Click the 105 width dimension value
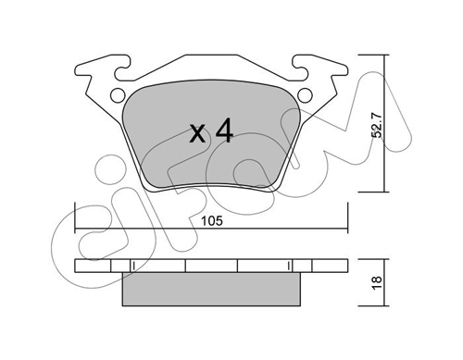click(x=212, y=221)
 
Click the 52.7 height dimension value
click(x=377, y=125)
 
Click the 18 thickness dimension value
click(x=377, y=282)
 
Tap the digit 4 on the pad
click(x=224, y=131)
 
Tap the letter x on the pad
click(x=197, y=133)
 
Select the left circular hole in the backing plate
click(x=118, y=95)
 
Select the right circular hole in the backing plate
click(x=305, y=94)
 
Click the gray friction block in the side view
click(x=211, y=289)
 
